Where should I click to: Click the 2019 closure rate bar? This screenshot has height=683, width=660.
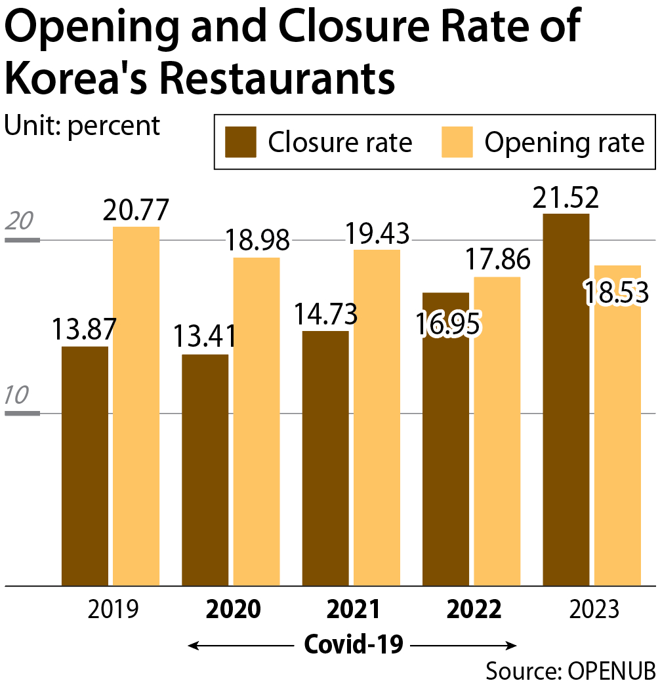(x=85, y=465)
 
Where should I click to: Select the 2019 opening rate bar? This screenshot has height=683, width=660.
(x=136, y=406)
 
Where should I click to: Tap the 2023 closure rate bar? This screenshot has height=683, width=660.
(x=566, y=400)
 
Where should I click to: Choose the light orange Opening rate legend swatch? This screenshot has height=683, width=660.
(x=457, y=142)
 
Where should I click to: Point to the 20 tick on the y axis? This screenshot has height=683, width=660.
(x=20, y=221)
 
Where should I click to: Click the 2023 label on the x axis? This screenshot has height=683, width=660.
(x=594, y=610)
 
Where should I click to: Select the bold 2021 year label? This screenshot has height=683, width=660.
(x=354, y=610)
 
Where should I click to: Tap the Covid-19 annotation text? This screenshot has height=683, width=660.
(x=354, y=645)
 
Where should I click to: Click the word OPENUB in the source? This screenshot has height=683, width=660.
(x=611, y=671)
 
